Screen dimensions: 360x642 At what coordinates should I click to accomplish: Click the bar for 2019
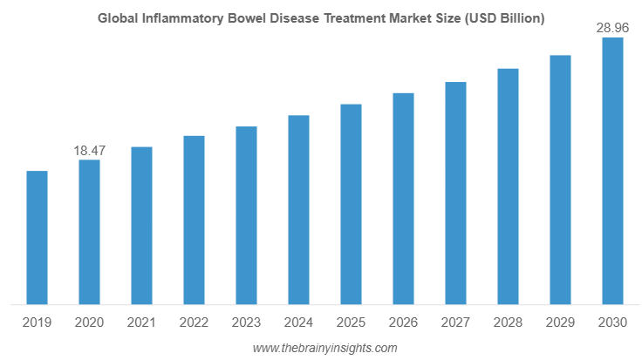coord(37,237)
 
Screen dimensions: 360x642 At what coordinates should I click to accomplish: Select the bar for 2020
coord(89,232)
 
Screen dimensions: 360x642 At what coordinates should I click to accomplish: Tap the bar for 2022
coord(194,220)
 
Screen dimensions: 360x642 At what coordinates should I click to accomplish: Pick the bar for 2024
coord(298,209)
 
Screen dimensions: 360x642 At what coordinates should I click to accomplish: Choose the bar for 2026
coord(403,198)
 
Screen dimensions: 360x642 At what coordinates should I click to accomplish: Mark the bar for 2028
coord(508,186)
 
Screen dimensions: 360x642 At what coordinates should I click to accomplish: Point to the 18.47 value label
coord(89,151)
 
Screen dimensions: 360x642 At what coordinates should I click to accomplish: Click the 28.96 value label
coord(612,29)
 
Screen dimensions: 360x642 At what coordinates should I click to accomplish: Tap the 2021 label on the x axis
coord(141,323)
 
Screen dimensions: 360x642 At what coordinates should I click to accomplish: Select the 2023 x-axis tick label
coord(246,323)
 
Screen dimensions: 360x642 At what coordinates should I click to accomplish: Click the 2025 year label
coord(351,323)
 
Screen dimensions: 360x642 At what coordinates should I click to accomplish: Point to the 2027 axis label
coord(455,323)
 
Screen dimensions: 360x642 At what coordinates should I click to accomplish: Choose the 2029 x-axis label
coord(560,323)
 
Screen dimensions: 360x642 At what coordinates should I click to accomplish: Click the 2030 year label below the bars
coord(612,323)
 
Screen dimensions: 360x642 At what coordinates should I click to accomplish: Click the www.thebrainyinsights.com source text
coord(324,348)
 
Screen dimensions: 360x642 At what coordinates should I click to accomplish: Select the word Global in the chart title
coord(117,18)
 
